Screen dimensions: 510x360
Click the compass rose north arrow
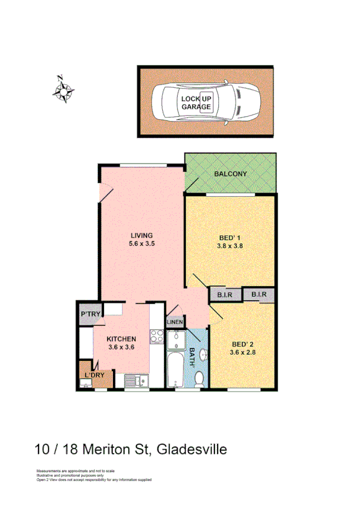63,90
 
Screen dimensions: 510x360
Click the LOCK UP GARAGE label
197,103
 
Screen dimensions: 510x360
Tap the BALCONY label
230,174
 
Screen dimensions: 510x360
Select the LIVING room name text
142,235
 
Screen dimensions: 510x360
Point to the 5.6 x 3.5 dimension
142,244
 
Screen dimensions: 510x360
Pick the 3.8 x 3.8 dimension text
230,245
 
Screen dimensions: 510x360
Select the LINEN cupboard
175,323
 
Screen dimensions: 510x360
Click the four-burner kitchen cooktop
157,337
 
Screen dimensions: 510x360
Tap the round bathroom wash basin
203,354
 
